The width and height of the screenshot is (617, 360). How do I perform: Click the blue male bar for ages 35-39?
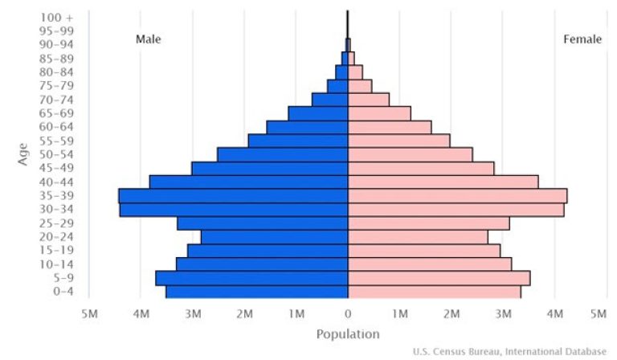(x=233, y=195)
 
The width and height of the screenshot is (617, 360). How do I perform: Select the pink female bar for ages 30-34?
(x=456, y=210)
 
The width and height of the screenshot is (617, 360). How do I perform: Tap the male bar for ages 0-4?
(x=257, y=292)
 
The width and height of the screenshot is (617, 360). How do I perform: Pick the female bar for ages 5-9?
(x=439, y=278)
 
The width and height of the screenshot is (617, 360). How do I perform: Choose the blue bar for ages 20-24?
(x=274, y=237)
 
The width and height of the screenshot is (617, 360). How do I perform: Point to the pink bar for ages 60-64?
(x=390, y=127)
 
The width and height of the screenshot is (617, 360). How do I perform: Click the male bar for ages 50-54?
(x=282, y=154)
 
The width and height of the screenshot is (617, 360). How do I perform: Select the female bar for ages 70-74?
(x=369, y=100)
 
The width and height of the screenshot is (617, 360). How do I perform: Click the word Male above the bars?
(x=148, y=39)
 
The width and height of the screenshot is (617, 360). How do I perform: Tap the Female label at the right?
(x=582, y=39)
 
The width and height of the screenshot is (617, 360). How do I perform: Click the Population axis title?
(x=347, y=334)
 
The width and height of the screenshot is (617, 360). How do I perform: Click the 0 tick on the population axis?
(x=348, y=313)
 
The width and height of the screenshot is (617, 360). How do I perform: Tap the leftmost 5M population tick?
(x=89, y=313)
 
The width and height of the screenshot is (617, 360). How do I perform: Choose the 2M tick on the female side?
(x=452, y=313)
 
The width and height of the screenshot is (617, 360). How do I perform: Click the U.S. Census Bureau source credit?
(x=509, y=351)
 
